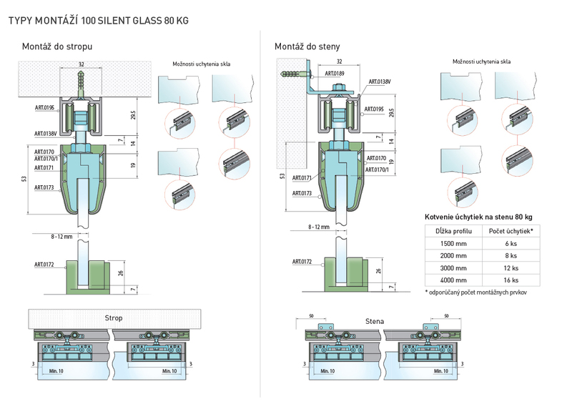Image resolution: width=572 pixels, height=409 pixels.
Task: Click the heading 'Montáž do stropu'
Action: [x=57, y=46]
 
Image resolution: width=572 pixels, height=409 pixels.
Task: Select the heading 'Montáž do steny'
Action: [x=307, y=46]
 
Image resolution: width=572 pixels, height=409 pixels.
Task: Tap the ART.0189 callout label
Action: [x=335, y=74]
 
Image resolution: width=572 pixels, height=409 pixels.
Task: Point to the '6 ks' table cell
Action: [x=511, y=244]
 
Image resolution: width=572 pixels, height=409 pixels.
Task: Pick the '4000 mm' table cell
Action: [x=453, y=280]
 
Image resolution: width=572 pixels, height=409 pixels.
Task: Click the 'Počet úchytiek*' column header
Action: [x=511, y=231]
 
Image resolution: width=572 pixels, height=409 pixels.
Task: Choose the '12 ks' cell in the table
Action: [x=511, y=268]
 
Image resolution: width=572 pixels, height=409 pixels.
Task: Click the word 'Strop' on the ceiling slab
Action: [x=114, y=318]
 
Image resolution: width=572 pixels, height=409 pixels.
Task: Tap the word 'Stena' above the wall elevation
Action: [x=375, y=322]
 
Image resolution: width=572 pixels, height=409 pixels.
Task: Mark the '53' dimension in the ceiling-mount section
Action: [x=24, y=179]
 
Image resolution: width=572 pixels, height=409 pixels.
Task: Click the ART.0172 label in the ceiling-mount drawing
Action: [x=44, y=265]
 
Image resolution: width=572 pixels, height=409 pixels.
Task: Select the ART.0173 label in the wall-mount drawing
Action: [x=302, y=193]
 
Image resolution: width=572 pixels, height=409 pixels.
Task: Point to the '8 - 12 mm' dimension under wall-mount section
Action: [x=319, y=227]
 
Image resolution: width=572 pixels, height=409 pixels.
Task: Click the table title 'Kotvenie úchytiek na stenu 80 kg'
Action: [x=478, y=217]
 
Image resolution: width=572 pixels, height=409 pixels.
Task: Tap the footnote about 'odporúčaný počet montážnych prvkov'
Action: [x=475, y=292]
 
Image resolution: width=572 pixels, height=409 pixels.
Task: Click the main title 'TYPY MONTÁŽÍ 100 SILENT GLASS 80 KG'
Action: [x=99, y=21]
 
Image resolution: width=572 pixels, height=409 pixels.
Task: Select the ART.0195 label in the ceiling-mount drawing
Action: [x=44, y=108]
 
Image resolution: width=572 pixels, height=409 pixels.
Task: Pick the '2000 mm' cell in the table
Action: [x=453, y=256]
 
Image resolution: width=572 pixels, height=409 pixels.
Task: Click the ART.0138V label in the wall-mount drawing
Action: [x=380, y=82]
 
